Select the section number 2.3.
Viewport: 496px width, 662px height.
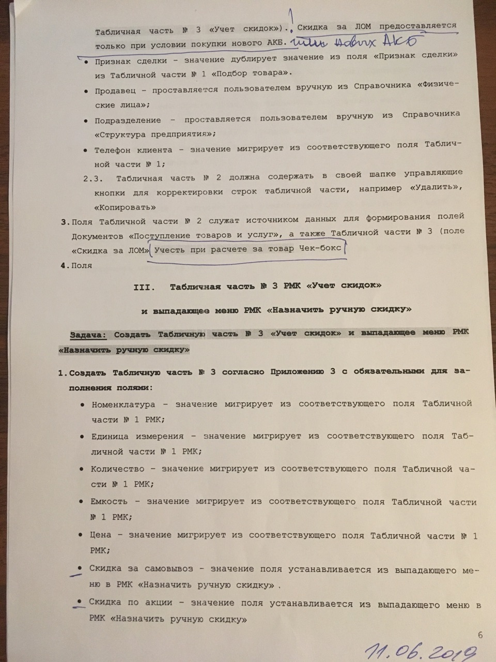click(95, 178)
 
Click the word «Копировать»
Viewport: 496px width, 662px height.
click(125, 207)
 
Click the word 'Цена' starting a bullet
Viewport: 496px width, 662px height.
click(100, 536)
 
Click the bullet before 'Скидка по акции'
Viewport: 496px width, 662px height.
click(80, 601)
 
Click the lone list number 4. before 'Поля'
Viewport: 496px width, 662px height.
click(64, 265)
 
